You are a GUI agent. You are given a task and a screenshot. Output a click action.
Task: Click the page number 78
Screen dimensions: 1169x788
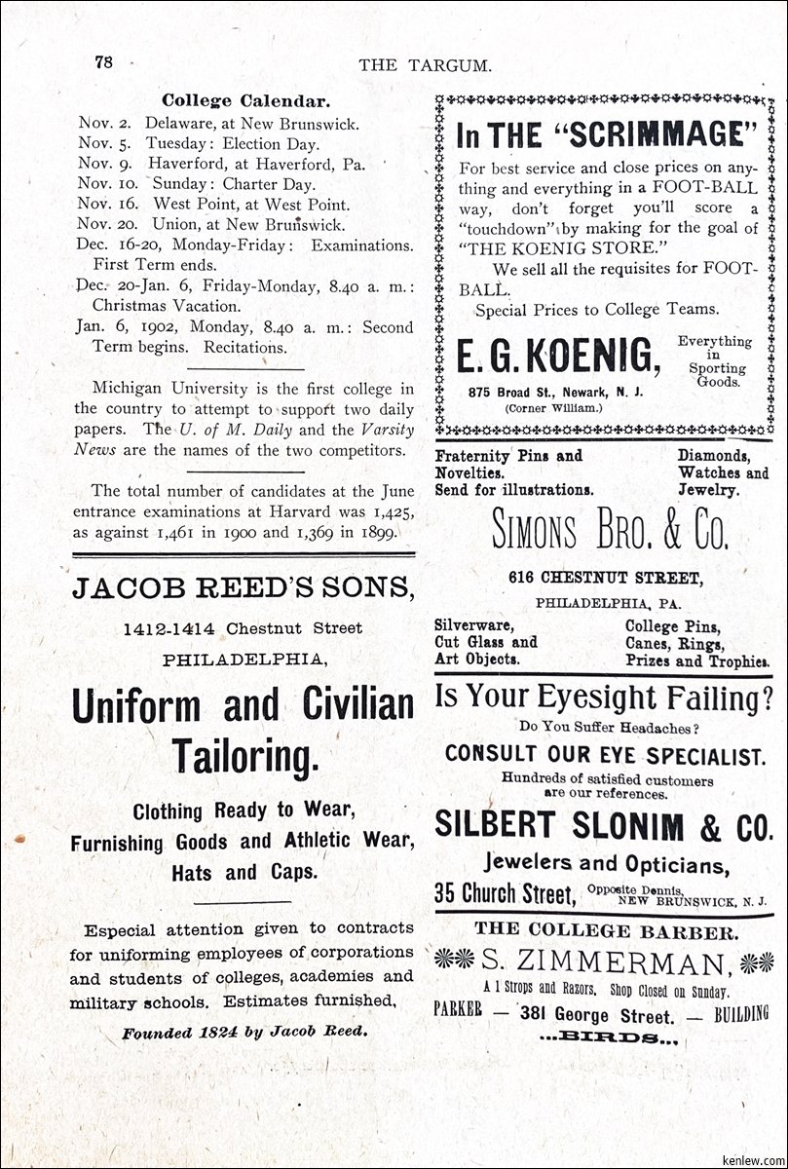(x=104, y=62)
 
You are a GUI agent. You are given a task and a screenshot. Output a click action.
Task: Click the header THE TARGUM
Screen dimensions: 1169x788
(x=424, y=65)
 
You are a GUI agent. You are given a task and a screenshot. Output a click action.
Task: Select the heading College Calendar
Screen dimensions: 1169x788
(x=245, y=100)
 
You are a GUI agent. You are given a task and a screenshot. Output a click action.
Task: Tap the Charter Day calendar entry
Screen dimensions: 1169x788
(x=232, y=183)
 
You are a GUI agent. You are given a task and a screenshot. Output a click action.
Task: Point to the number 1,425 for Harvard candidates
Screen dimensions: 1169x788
(x=389, y=511)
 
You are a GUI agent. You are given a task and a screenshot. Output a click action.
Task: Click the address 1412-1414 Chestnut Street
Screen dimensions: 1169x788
(x=243, y=628)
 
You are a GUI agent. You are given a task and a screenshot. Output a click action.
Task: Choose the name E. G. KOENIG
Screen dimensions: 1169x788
(x=558, y=358)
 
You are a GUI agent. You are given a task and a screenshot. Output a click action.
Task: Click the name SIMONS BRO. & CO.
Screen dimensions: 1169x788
(x=610, y=530)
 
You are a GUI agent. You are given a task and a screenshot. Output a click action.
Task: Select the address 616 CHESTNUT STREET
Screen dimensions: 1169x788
(x=590, y=578)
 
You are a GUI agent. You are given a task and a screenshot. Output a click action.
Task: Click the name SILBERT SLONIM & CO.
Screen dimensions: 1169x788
(x=604, y=825)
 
